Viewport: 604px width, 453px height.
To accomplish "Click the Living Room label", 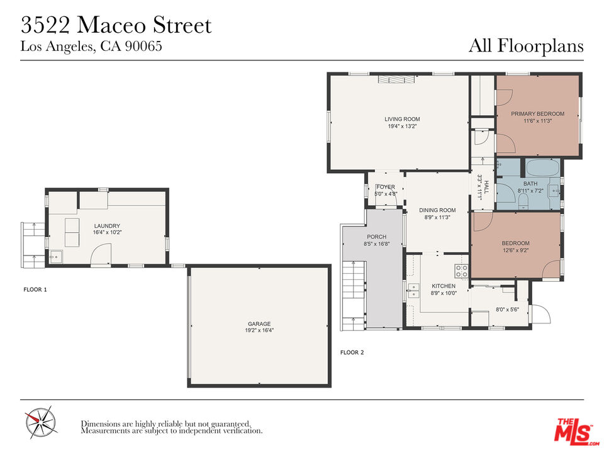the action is click(402, 119).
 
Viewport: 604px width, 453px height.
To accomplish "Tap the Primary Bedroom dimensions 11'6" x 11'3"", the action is click(537, 121).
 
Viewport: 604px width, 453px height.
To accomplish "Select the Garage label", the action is click(259, 324).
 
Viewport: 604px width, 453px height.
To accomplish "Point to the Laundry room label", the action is click(107, 226).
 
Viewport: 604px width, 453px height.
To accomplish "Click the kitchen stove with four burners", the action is click(461, 271).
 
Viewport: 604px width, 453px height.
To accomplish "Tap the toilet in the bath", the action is click(523, 201).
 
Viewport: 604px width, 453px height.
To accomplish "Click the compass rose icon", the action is click(40, 422).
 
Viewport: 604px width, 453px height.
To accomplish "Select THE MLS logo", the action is click(576, 430).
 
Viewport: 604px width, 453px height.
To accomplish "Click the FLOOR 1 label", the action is click(35, 289).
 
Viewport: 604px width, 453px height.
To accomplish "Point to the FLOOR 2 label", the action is click(352, 352).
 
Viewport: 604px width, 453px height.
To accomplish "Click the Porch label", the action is click(377, 237).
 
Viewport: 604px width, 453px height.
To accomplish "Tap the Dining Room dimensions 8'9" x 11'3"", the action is click(437, 217).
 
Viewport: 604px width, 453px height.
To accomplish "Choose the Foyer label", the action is click(386, 187).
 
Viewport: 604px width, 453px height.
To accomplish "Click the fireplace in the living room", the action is click(396, 79).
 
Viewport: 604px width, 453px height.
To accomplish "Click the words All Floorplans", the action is click(526, 45).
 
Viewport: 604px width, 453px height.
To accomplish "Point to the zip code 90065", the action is click(143, 46).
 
